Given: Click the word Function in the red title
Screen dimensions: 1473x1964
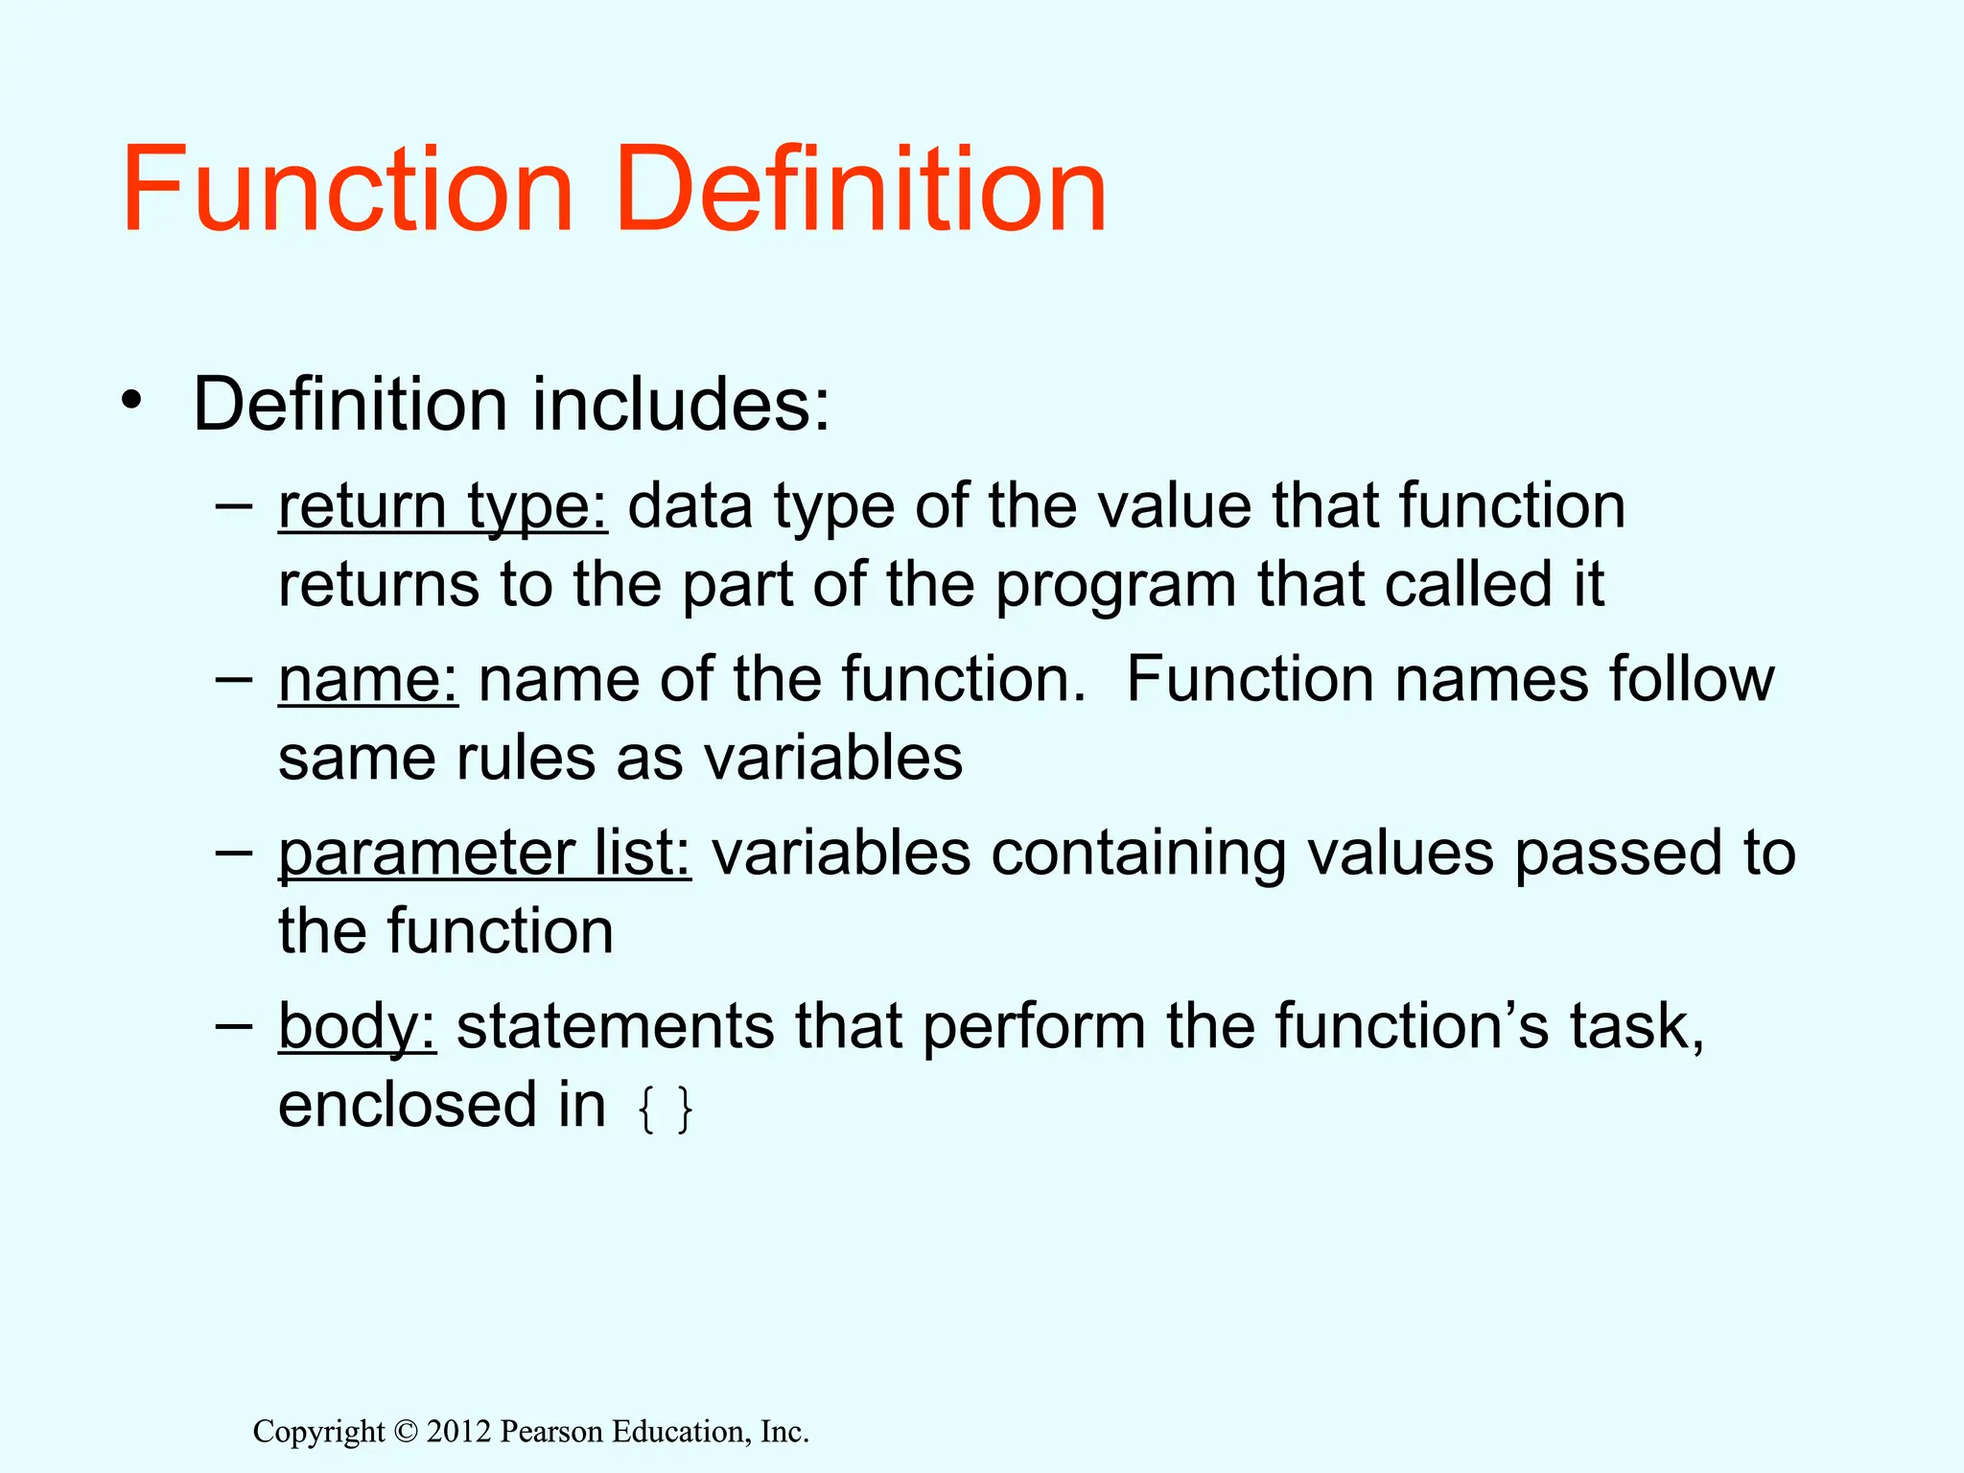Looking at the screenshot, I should [x=347, y=188].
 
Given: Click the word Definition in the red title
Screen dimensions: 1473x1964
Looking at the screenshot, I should [x=860, y=188].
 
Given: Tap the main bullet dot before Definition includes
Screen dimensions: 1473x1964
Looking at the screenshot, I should [x=131, y=401].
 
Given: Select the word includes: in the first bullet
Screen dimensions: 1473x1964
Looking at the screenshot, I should [x=681, y=405].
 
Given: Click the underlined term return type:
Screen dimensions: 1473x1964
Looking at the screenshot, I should [x=442, y=506].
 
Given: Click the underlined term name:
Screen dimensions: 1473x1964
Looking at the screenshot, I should [x=368, y=680].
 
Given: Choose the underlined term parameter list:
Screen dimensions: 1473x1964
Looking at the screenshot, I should [x=484, y=853].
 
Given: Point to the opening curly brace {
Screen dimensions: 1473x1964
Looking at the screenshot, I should [x=646, y=1111].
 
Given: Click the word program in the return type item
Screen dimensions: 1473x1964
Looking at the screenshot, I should [x=1115, y=587].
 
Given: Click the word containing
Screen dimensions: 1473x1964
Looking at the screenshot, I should [x=1137, y=853].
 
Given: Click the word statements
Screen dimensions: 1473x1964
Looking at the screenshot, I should [x=615, y=1027].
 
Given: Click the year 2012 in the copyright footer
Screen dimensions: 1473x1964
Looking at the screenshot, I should [x=458, y=1432].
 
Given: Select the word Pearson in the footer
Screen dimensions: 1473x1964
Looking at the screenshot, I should [x=551, y=1432].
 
